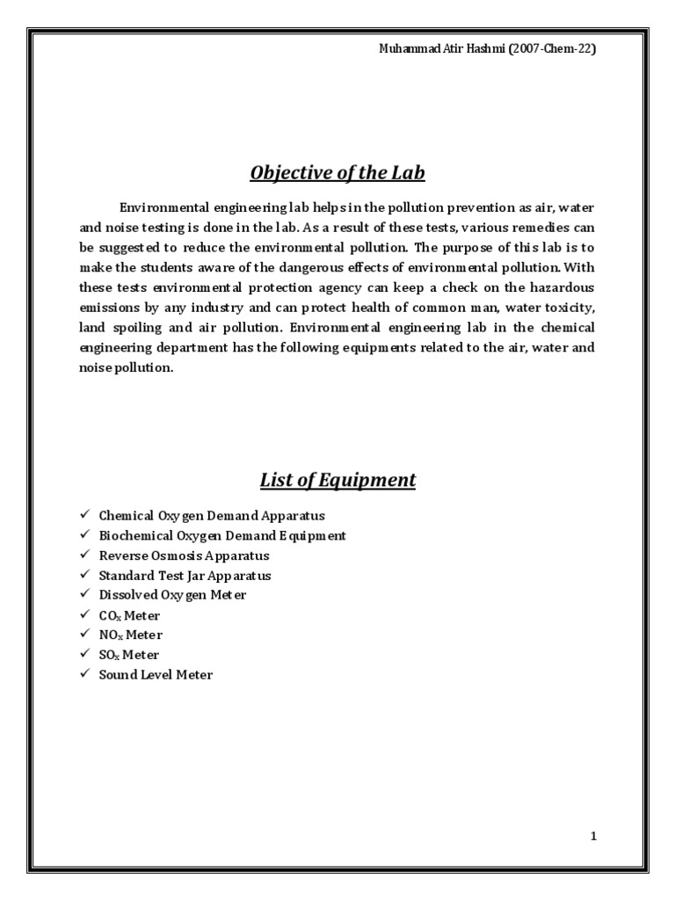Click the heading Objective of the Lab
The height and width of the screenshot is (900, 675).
point(337,173)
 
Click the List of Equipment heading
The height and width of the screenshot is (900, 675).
point(337,480)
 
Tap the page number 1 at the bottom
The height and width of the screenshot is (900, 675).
point(594,837)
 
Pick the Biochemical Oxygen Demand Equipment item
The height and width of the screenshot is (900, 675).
point(222,535)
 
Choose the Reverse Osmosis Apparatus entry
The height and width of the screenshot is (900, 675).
point(184,555)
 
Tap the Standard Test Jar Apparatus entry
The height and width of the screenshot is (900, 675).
point(185,576)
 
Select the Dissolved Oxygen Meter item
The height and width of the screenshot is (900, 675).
point(173,595)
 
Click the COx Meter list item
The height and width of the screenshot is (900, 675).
point(129,615)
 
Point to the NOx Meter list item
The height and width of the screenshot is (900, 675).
point(130,635)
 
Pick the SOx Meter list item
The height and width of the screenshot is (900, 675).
point(129,655)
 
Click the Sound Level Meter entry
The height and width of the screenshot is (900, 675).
point(156,675)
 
